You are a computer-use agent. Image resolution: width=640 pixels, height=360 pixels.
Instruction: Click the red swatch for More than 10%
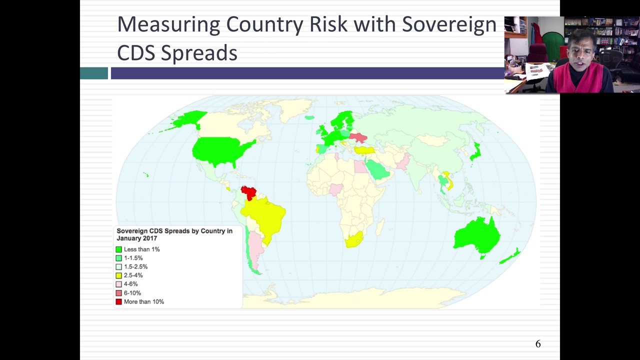click(x=118, y=301)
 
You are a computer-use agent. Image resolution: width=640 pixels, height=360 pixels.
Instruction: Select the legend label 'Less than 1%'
click(x=141, y=249)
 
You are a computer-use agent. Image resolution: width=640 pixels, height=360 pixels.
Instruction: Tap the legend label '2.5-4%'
click(x=133, y=275)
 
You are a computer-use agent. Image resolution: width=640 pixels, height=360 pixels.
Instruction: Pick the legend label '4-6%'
click(x=130, y=284)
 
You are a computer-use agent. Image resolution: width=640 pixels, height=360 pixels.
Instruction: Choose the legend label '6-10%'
click(x=132, y=293)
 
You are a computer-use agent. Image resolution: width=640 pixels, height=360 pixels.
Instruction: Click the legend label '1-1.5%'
click(x=133, y=258)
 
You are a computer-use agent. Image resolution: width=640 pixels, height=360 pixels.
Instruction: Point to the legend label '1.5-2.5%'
click(x=135, y=266)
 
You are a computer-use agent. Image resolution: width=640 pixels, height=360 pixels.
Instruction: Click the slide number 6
click(x=538, y=344)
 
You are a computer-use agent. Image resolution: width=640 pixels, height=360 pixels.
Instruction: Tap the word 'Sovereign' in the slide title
click(x=449, y=24)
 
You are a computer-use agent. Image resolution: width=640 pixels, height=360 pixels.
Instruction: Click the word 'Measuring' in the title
click(x=168, y=25)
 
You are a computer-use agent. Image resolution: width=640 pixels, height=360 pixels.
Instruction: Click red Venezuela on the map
click(x=248, y=192)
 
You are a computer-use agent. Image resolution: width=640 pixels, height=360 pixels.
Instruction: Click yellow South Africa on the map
click(x=353, y=240)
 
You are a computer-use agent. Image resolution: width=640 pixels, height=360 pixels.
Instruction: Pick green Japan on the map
click(x=475, y=151)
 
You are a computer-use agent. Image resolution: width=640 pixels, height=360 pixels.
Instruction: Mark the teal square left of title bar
click(x=94, y=73)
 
